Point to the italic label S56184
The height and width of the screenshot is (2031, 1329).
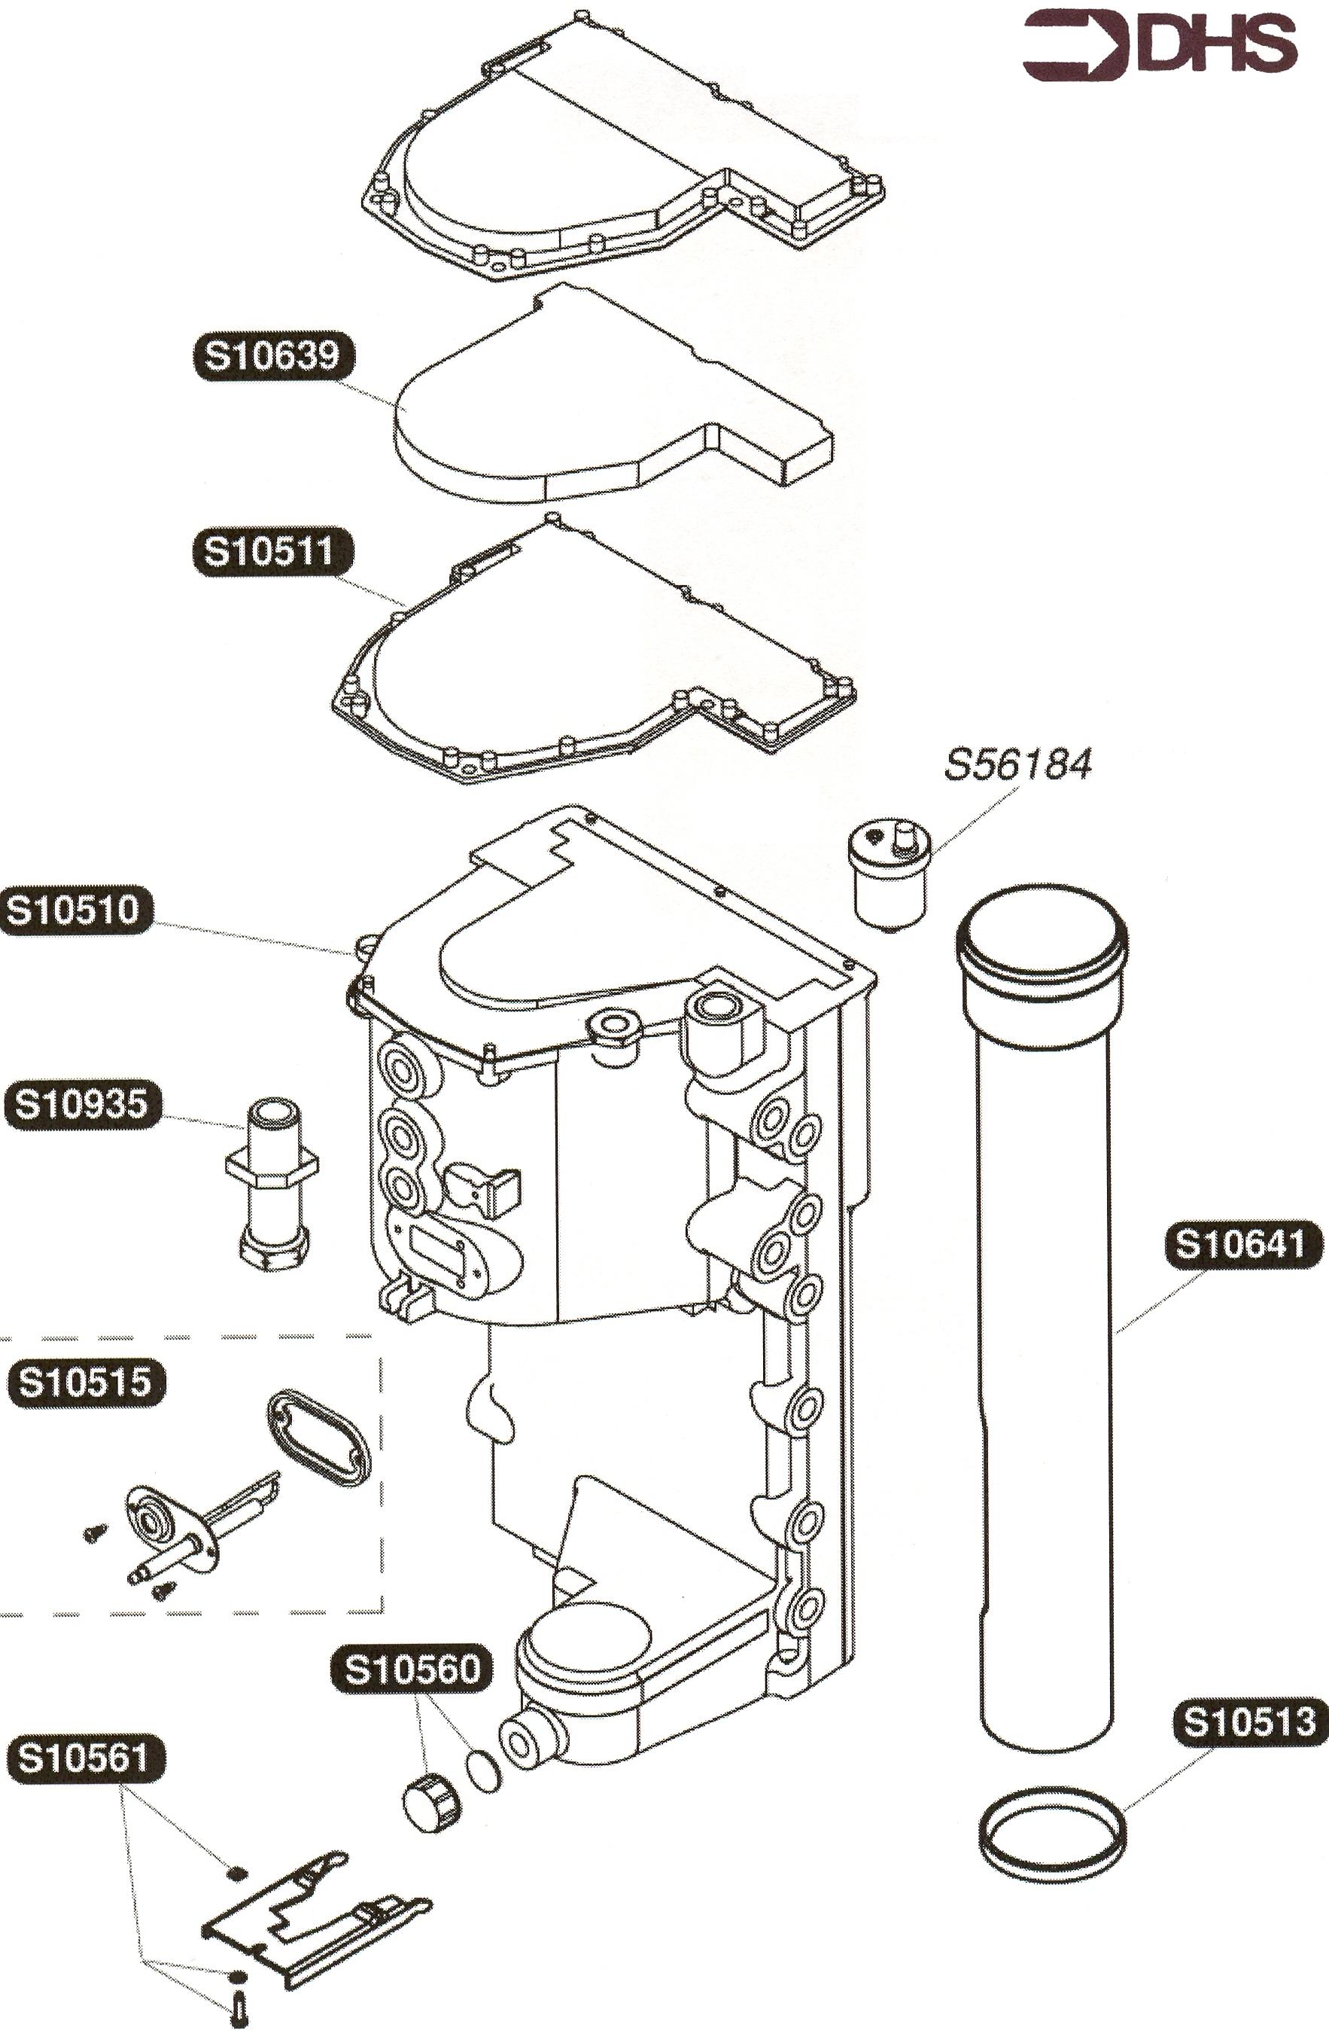[x=1017, y=764]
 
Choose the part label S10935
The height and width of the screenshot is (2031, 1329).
[x=82, y=1103]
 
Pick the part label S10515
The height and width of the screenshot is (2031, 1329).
[x=85, y=1382]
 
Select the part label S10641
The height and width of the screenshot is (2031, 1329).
[x=1242, y=1245]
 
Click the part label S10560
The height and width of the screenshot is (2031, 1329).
[x=412, y=1668]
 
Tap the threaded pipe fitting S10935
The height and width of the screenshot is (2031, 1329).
[x=272, y=1182]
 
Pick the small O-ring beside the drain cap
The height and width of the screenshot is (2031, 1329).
[x=484, y=1769]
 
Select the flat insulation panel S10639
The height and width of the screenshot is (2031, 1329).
[x=597, y=401]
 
